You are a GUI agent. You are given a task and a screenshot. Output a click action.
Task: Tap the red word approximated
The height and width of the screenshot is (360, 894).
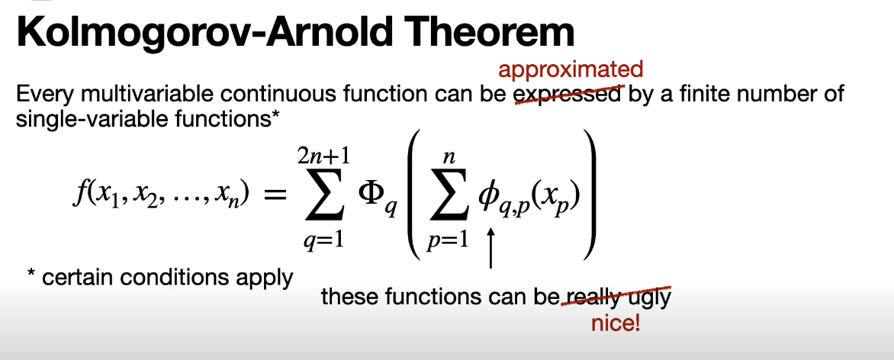pos(571,70)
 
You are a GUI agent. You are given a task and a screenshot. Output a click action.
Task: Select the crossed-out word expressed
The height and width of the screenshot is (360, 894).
pos(568,95)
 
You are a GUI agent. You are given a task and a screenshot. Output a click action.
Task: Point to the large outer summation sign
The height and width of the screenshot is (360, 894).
pos(325,198)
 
